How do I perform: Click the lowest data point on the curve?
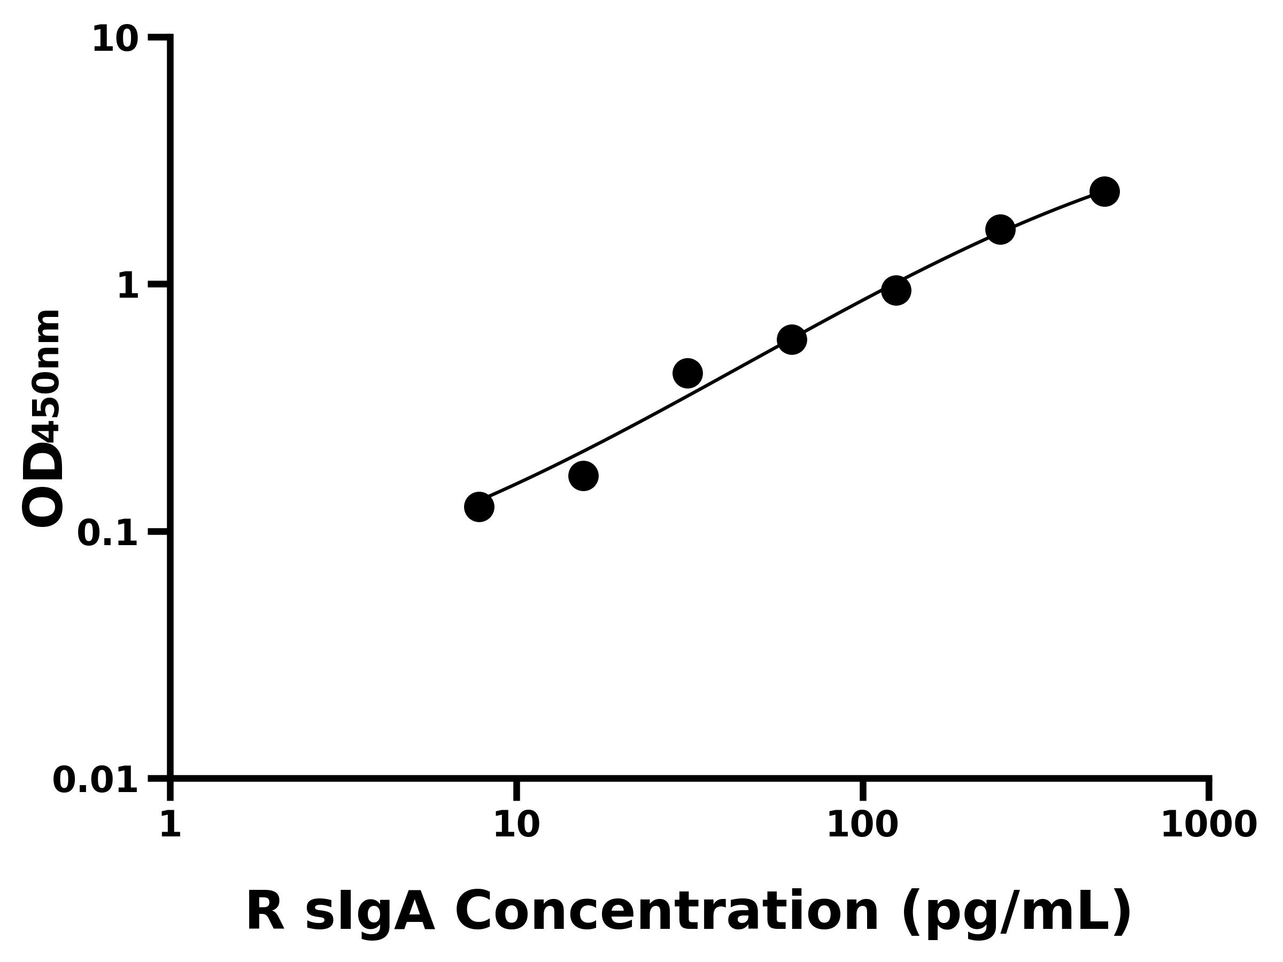[479, 507]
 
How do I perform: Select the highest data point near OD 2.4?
[1104, 191]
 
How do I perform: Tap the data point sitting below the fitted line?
[584, 476]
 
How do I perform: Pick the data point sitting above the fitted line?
[688, 373]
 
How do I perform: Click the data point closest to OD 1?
[896, 290]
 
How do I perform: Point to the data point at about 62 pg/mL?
[792, 339]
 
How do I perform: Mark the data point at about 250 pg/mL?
[1001, 230]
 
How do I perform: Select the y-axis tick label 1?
[128, 286]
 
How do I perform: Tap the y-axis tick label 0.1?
[108, 533]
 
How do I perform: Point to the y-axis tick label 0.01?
[96, 780]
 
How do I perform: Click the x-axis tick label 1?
[171, 825]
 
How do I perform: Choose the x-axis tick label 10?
[516, 825]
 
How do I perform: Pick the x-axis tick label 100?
[862, 825]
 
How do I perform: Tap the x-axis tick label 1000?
[1209, 825]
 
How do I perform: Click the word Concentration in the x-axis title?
[667, 912]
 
